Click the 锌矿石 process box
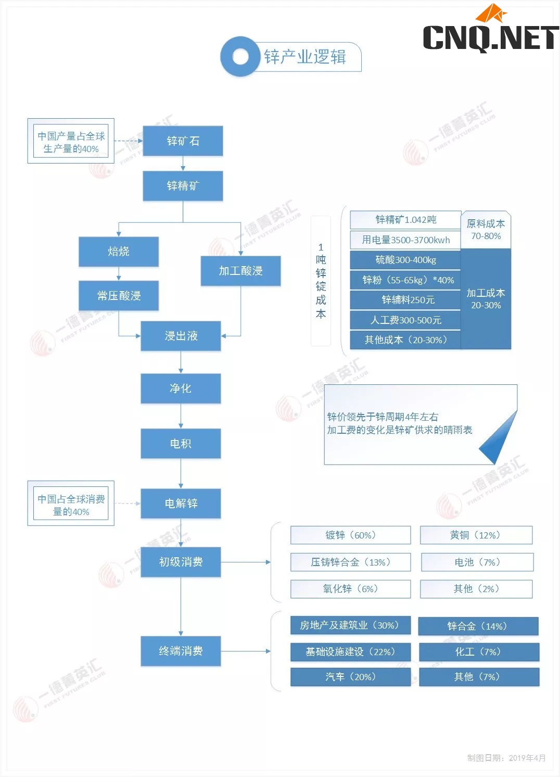(183, 141)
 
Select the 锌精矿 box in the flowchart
(183, 186)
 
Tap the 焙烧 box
(119, 252)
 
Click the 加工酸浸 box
(240, 271)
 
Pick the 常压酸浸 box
(119, 296)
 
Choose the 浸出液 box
(181, 336)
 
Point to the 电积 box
(181, 444)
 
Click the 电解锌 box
(181, 504)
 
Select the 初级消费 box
(181, 562)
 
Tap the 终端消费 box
(181, 651)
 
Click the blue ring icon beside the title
(240, 56)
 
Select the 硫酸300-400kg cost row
(405, 260)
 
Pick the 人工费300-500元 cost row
(405, 320)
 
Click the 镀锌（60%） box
(350, 535)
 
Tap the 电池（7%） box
(477, 562)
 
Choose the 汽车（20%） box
(350, 677)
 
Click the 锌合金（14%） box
(478, 626)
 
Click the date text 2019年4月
(527, 758)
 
